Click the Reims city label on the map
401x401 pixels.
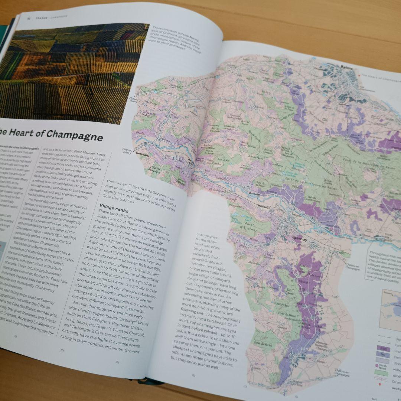point(344,68)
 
